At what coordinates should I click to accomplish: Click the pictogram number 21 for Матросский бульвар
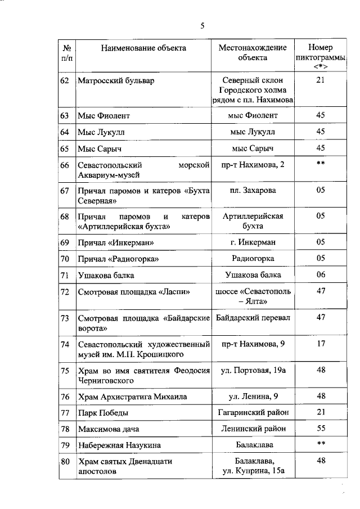(x=321, y=80)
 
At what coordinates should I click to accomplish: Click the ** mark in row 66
(x=321, y=164)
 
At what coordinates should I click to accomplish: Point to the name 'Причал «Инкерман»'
(x=116, y=242)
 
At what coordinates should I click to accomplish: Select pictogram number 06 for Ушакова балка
(x=321, y=275)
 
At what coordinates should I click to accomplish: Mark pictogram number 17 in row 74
(x=321, y=344)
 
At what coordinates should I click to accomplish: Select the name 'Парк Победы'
(x=103, y=413)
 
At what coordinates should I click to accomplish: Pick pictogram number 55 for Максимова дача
(x=321, y=429)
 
